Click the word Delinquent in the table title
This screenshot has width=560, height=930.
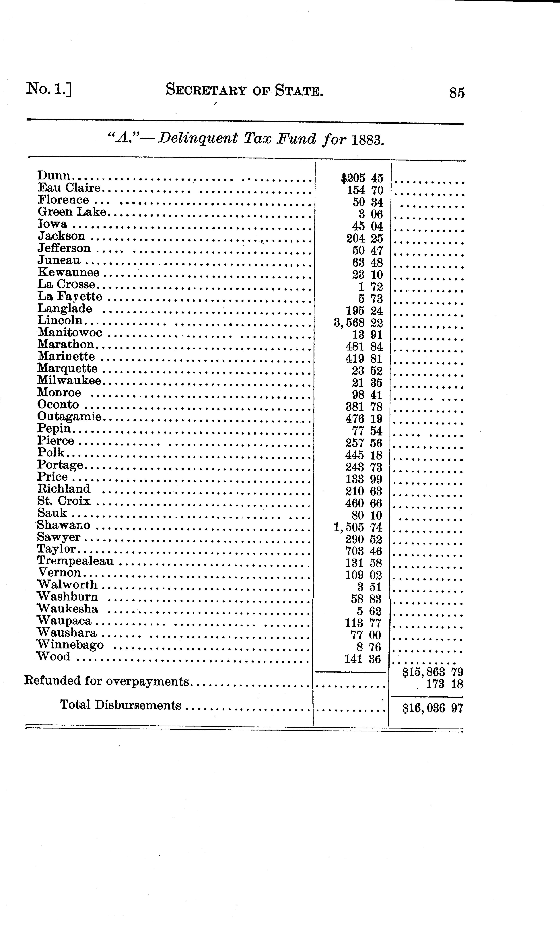tap(198, 139)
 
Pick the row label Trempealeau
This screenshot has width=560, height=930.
tap(75, 561)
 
